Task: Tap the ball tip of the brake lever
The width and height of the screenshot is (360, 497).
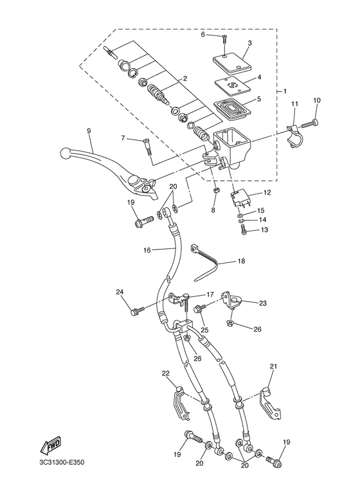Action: (x=65, y=154)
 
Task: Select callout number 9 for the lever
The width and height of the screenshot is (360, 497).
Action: (x=89, y=131)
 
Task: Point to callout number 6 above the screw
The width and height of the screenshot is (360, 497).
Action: (x=203, y=35)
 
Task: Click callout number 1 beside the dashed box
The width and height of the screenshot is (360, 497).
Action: (x=285, y=91)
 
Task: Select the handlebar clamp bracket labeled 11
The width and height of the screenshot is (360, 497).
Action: (x=294, y=136)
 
